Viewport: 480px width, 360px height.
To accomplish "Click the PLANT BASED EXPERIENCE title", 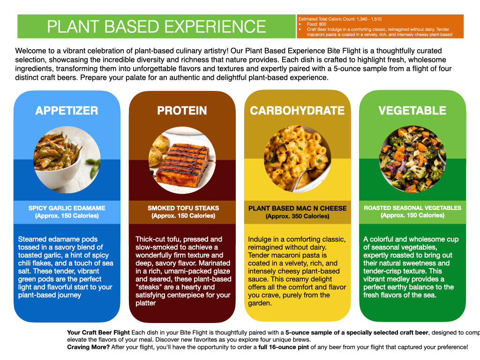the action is click(x=157, y=27).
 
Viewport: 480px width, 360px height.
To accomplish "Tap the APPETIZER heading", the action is click(x=67, y=111).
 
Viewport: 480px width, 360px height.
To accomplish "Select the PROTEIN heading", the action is click(x=182, y=111).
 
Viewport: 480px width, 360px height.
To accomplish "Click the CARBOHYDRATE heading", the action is click(x=297, y=111).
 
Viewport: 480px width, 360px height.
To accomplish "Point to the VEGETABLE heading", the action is click(x=412, y=111).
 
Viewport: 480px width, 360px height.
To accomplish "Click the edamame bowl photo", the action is click(x=67, y=159).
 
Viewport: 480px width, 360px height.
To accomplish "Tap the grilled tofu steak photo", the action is click(x=182, y=160).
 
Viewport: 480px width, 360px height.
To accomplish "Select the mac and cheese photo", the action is click(x=297, y=159).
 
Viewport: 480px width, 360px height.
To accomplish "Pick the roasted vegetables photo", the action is click(x=412, y=159).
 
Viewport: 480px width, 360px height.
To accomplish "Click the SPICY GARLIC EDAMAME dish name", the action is click(x=67, y=208).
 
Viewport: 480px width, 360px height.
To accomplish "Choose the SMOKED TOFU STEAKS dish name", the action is click(x=183, y=208).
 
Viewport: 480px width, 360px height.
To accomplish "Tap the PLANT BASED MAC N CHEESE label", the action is click(x=298, y=209).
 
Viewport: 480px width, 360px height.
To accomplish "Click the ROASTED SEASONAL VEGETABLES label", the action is click(x=412, y=208).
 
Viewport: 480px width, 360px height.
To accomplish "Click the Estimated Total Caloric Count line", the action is click(x=340, y=19).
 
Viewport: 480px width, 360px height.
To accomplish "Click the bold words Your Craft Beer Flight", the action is click(x=98, y=333).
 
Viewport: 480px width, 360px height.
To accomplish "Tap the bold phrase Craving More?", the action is click(x=89, y=347).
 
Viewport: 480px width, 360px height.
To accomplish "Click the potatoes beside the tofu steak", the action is click(x=158, y=149).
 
